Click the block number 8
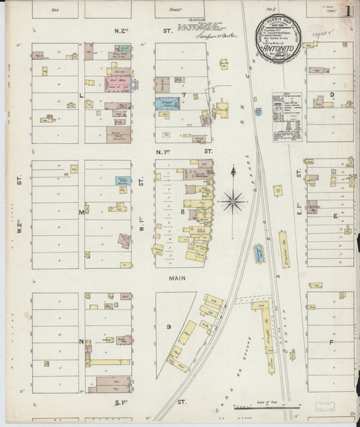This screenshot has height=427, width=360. point(182,211)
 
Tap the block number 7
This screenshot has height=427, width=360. point(182,95)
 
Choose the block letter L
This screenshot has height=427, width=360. point(81,96)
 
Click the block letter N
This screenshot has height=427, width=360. point(81,341)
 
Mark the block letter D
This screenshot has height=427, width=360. point(332,95)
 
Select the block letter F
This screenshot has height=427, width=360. point(331,342)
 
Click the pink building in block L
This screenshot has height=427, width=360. point(117,85)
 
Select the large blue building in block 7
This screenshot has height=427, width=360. point(168,103)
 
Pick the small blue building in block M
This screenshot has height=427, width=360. point(122,180)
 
